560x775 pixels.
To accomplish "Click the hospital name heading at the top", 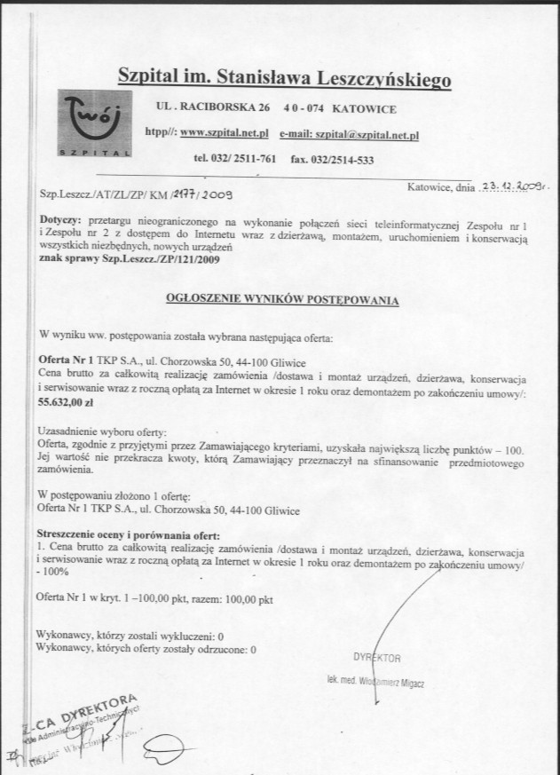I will coord(285,78).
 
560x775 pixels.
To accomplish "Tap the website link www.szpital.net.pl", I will coord(225,133).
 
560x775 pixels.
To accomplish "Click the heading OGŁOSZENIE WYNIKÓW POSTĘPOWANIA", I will coord(282,302).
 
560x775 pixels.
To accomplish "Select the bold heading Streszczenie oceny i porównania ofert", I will coord(129,538).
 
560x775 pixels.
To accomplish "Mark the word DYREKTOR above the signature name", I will coord(377,659).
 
